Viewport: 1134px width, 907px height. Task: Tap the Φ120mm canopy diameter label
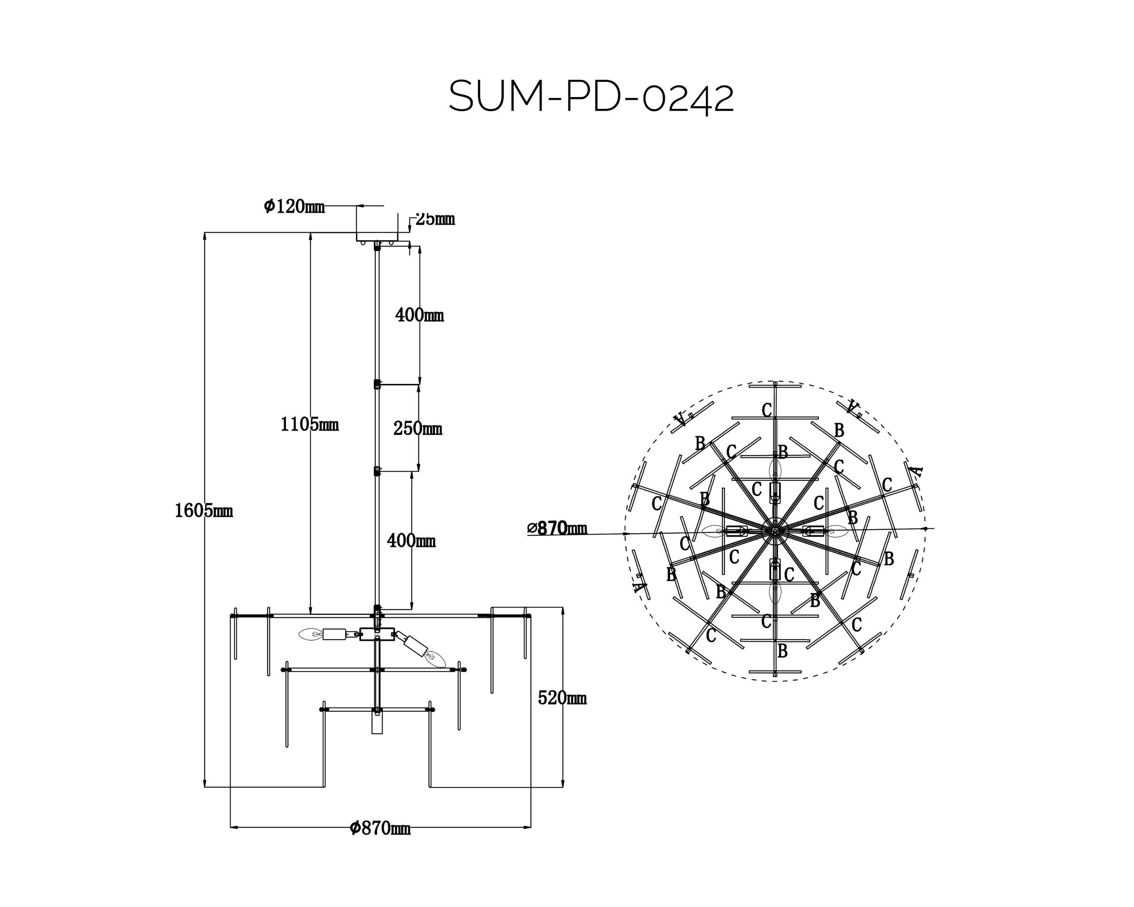point(294,206)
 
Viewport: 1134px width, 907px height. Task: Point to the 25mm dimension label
point(435,219)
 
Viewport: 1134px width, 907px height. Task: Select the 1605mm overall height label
point(204,511)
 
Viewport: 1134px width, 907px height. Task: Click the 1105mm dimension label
point(309,424)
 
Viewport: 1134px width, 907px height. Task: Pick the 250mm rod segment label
point(418,429)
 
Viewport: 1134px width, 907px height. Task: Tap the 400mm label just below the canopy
point(419,315)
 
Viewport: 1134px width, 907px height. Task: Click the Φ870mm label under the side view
point(380,828)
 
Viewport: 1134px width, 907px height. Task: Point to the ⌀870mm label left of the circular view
point(558,528)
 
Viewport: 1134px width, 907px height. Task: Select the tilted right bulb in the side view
point(435,658)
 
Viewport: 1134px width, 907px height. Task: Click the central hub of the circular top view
point(775,531)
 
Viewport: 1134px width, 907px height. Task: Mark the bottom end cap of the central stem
point(377,725)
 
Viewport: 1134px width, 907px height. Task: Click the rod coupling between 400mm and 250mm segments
point(377,384)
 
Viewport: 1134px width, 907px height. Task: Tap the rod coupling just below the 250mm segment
point(377,471)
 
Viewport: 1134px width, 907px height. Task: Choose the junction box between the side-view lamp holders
point(377,634)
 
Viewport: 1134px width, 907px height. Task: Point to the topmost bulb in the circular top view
point(775,468)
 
